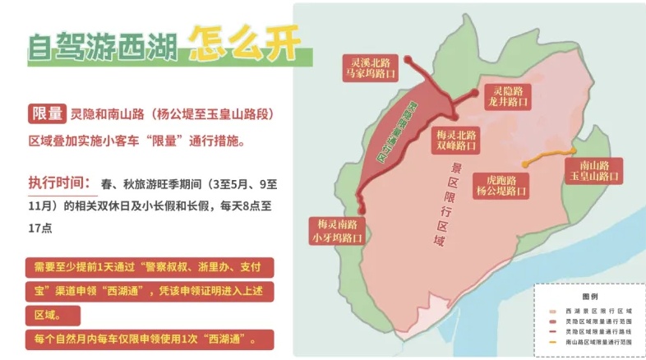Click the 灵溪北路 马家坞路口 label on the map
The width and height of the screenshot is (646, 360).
pyautogui.click(x=370, y=67)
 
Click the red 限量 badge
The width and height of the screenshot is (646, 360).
pyautogui.click(x=46, y=113)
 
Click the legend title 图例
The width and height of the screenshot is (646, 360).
pyautogui.click(x=589, y=295)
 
